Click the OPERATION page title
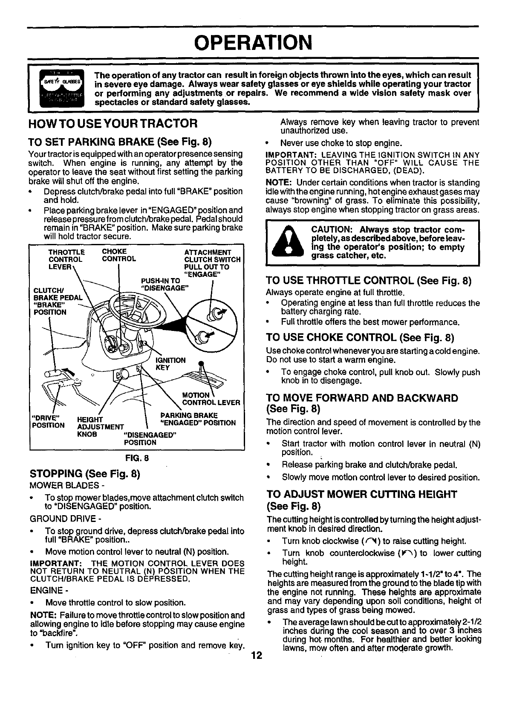[253, 42]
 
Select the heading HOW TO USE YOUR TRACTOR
[113, 124]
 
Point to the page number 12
[256, 655]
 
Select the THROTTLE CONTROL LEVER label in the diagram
[66, 259]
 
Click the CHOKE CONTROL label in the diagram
[119, 255]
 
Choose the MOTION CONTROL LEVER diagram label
[211, 399]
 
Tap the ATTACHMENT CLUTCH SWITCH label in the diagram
[212, 256]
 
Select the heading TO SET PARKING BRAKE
[120, 142]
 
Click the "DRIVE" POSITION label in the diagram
[48, 420]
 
